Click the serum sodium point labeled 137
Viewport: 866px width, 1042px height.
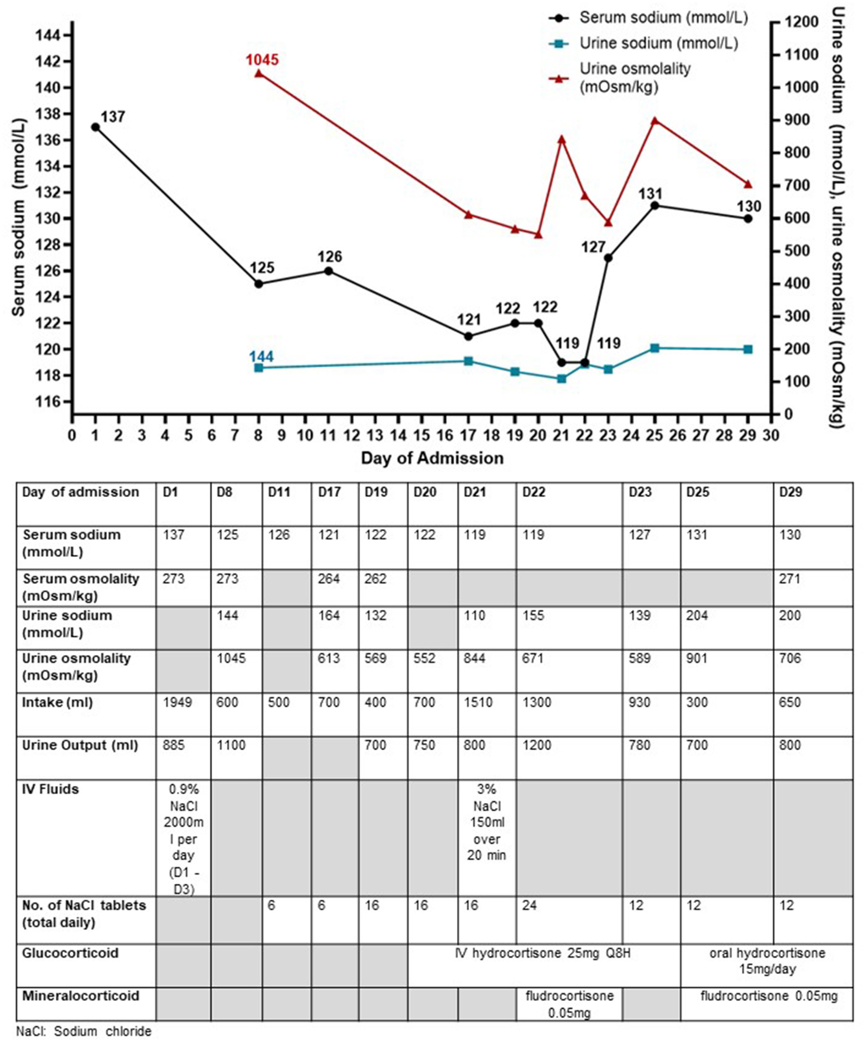(95, 127)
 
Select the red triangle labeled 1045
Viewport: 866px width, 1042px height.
(259, 74)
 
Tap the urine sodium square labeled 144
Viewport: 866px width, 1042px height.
(259, 368)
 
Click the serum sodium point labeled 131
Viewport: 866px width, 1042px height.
(654, 205)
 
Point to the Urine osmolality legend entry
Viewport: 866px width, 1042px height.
(635, 77)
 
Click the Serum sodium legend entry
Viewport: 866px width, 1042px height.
(663, 18)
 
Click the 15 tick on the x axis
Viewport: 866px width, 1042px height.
(421, 435)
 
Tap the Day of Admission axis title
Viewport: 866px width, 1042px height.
(432, 457)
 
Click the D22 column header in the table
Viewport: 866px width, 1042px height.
(534, 492)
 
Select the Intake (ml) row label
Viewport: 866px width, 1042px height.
(58, 703)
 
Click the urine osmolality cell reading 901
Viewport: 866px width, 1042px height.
(697, 658)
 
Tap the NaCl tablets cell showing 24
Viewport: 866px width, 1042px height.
(530, 906)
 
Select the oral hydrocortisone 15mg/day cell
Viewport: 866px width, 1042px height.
(767, 961)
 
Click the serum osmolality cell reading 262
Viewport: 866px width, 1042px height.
(375, 579)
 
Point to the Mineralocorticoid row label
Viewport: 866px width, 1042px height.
(81, 996)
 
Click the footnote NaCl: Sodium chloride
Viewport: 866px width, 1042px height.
(84, 1032)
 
